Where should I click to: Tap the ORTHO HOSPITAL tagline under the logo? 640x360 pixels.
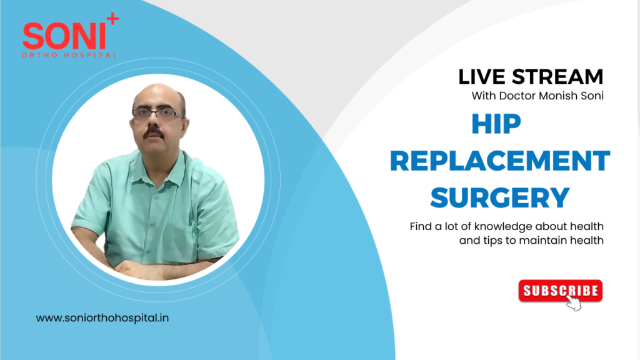[x=69, y=55]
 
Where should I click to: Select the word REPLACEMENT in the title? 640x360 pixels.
[x=499, y=162]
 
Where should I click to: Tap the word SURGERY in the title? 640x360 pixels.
[x=499, y=197]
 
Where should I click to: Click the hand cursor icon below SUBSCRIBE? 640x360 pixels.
[x=574, y=303]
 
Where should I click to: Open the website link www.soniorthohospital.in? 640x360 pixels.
[x=102, y=317]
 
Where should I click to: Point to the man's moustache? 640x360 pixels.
[x=157, y=132]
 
